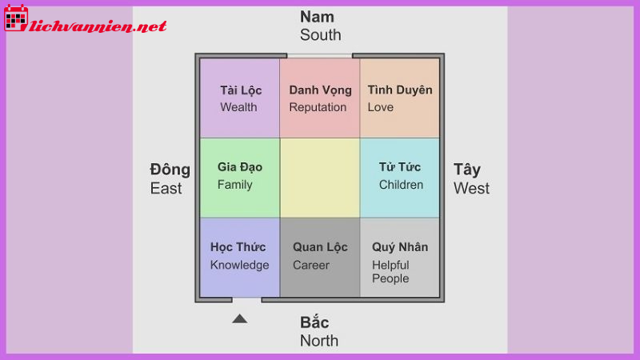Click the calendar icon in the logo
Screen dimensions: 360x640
click(x=16, y=18)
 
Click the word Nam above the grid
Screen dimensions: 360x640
click(x=317, y=17)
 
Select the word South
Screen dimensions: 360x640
click(x=320, y=35)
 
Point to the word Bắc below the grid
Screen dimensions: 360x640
click(x=314, y=322)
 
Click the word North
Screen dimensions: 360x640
click(x=319, y=341)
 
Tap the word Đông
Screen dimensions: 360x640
click(x=170, y=170)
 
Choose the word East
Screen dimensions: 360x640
click(x=166, y=189)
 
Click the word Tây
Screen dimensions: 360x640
click(x=467, y=170)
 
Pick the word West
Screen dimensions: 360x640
click(x=471, y=189)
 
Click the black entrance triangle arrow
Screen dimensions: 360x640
click(x=239, y=318)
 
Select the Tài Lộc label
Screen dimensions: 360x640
click(x=241, y=90)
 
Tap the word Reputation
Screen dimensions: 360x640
click(x=318, y=107)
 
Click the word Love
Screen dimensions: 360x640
click(x=380, y=107)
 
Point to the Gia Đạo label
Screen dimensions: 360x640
click(x=239, y=167)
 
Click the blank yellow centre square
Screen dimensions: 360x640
click(x=319, y=178)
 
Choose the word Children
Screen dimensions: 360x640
click(x=401, y=185)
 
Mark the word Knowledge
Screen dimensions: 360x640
click(x=239, y=265)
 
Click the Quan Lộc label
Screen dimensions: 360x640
click(x=320, y=247)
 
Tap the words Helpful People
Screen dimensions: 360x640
click(x=390, y=272)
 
